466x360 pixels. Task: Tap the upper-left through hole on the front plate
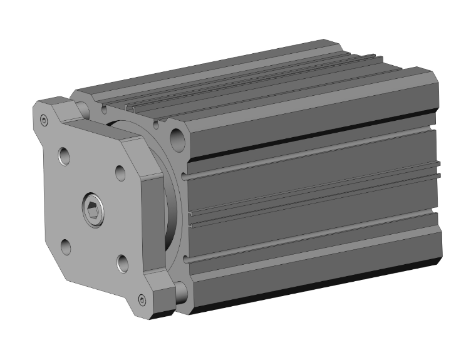point(65,155)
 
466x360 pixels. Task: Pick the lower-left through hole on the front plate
point(66,246)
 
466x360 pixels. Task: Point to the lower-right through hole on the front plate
point(122,263)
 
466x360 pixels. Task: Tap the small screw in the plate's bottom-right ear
point(142,301)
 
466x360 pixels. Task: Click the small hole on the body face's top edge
point(103,110)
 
